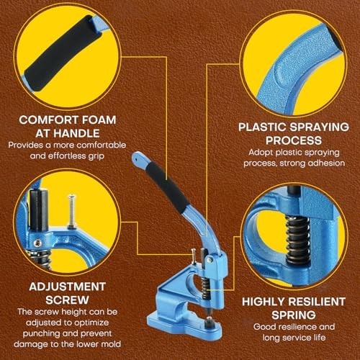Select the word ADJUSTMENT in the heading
(x=68, y=287)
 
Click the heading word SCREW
(x=68, y=300)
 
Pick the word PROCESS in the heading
(x=294, y=140)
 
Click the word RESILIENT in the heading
(x=317, y=302)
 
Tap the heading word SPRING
(x=294, y=315)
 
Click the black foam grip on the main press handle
(x=167, y=186)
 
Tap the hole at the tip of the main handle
(x=136, y=158)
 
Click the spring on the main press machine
(x=205, y=287)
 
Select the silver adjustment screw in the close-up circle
(x=72, y=211)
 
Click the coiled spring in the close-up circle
(x=298, y=240)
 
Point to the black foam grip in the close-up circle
(x=63, y=53)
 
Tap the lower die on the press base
(x=210, y=322)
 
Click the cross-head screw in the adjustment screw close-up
(x=37, y=243)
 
